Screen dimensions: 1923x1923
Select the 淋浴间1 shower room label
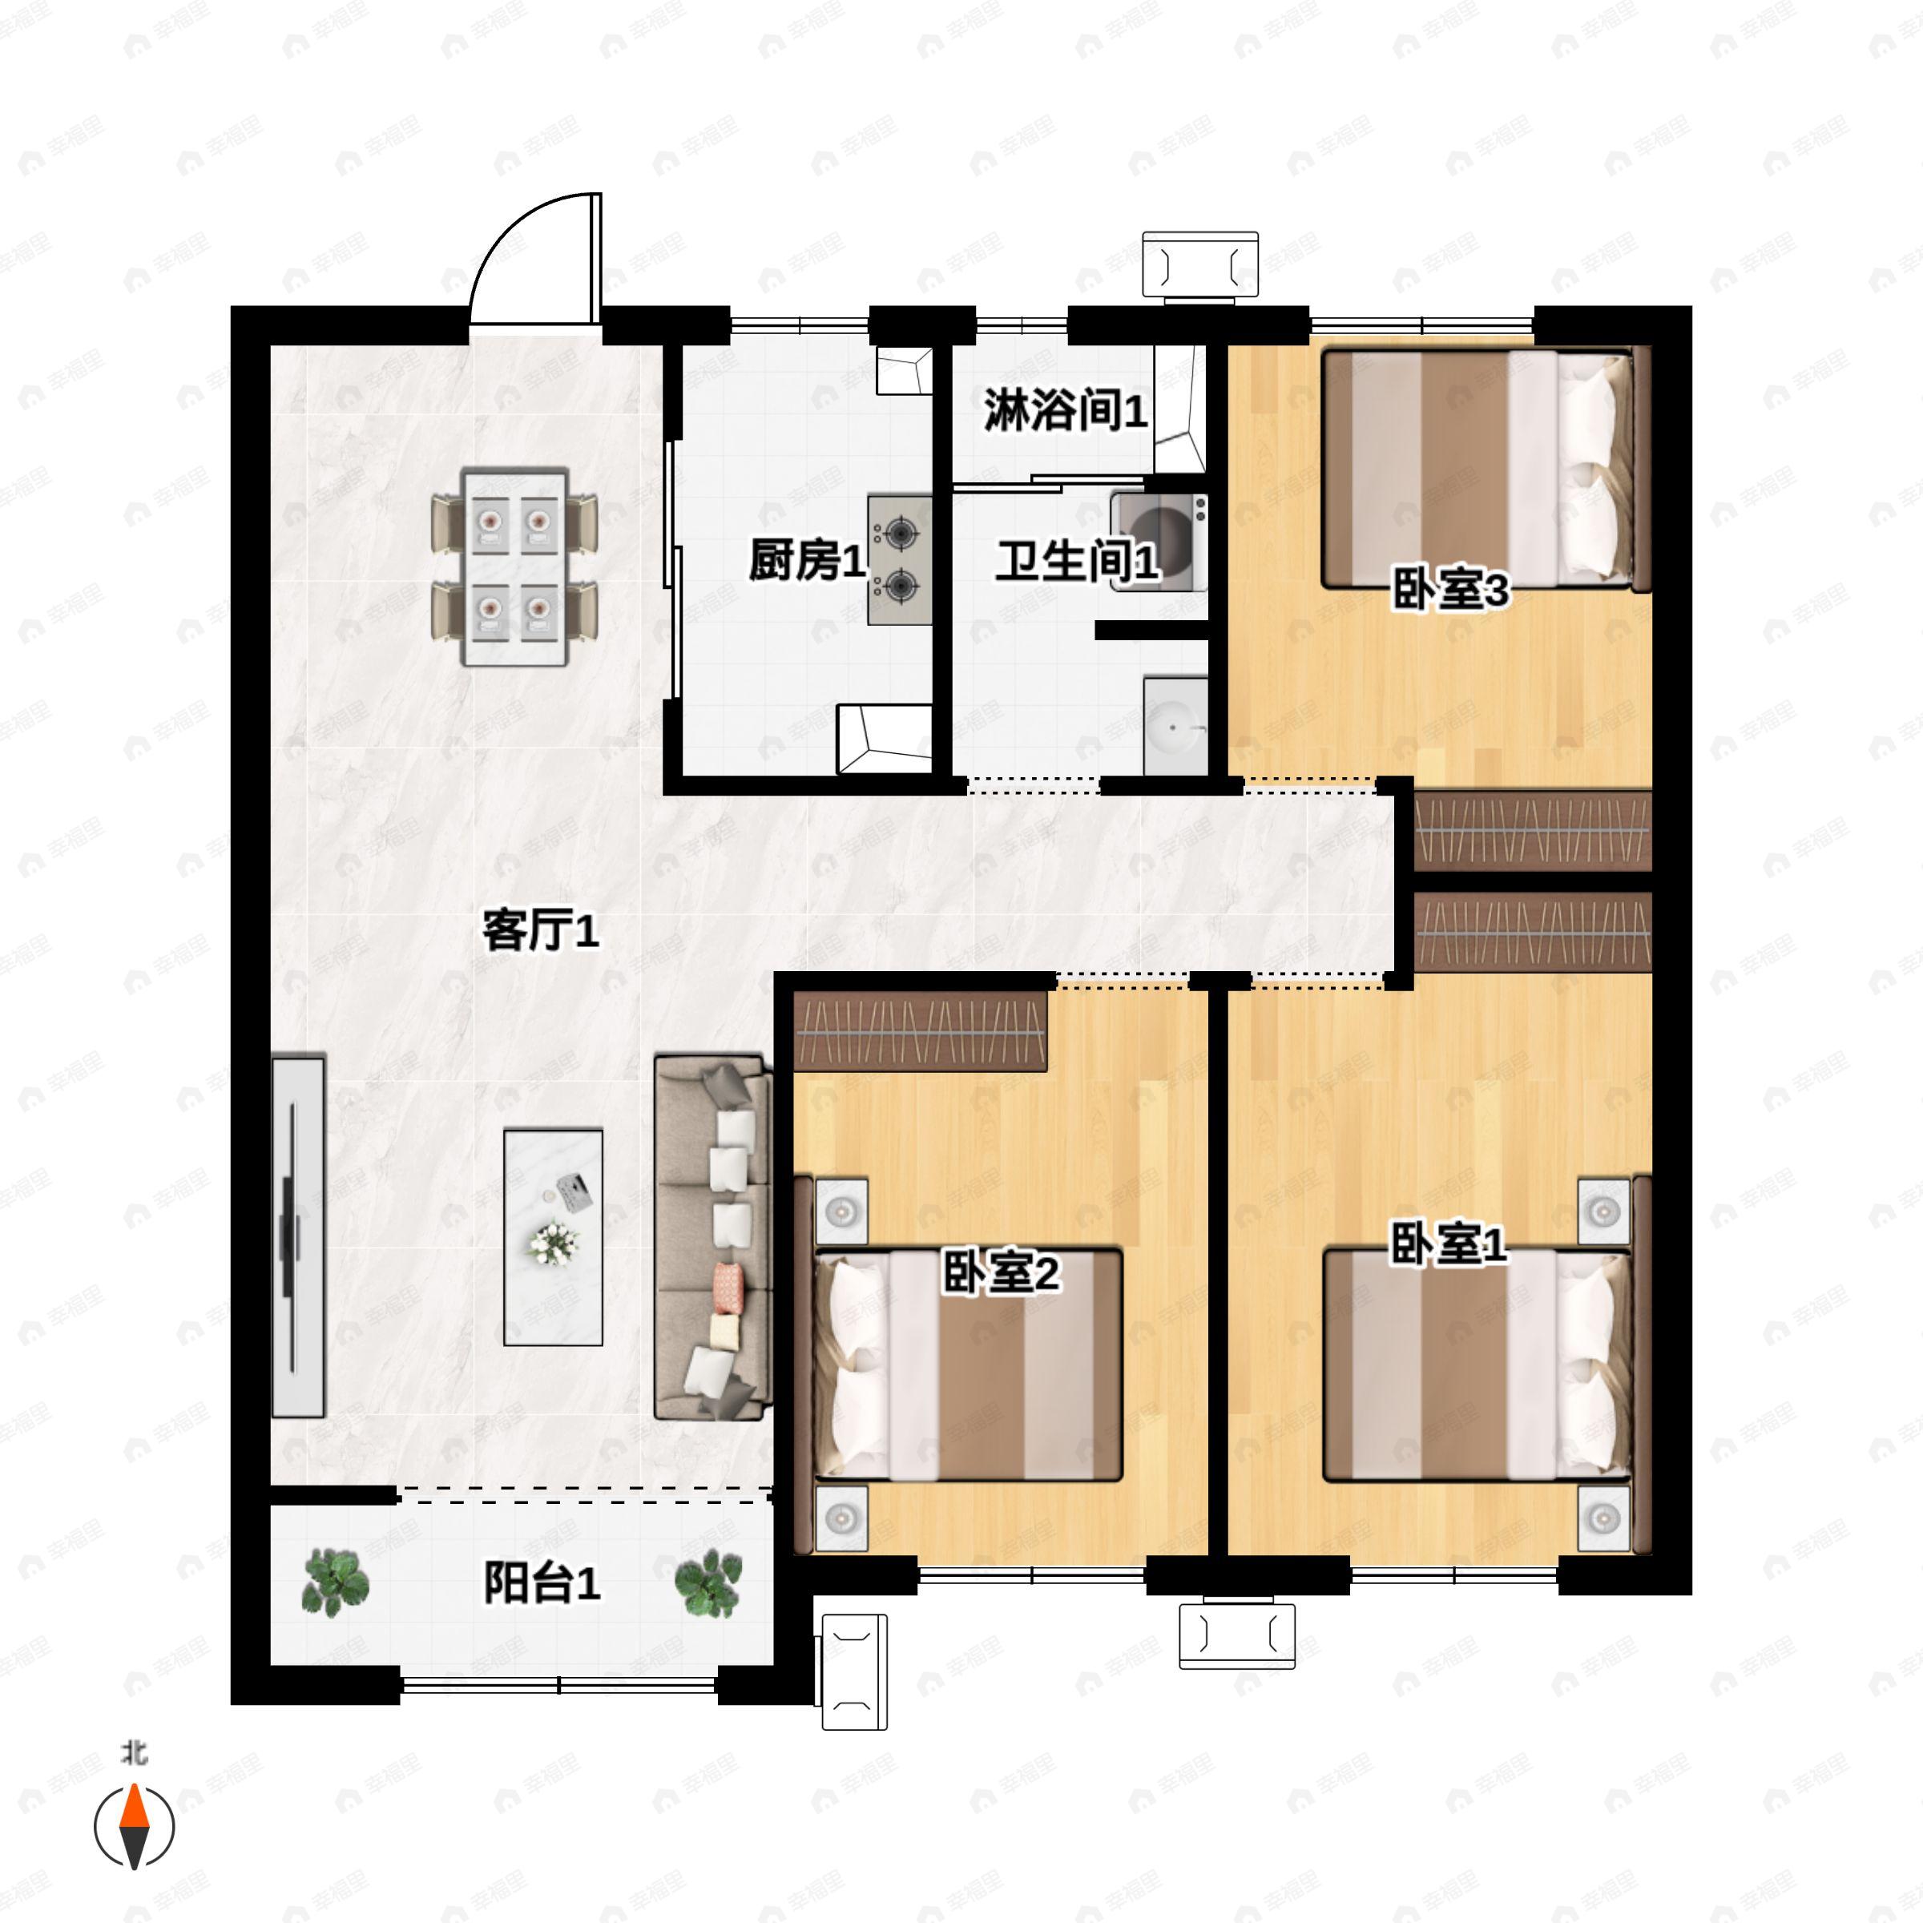coord(1065,410)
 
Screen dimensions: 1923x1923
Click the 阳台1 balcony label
coord(542,1582)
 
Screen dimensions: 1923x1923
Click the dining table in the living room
coord(514,567)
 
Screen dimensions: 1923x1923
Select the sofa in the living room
coord(712,1237)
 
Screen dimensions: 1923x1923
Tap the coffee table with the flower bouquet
coord(554,1236)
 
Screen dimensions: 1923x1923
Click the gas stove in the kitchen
coord(900,560)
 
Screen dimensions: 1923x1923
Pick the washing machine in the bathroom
coord(1159,542)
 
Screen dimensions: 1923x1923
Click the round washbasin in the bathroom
coord(1175,727)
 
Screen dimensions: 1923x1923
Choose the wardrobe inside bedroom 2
coord(920,1032)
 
